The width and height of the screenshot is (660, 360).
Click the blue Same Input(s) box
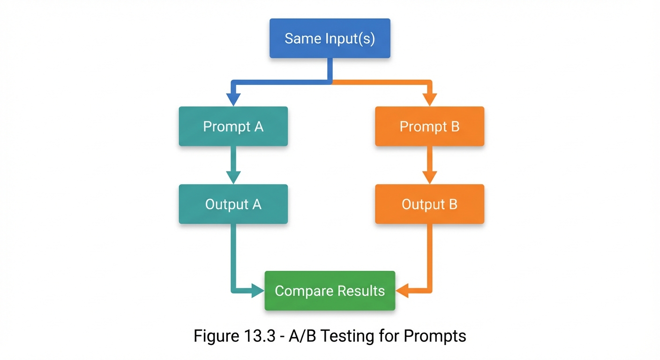330,38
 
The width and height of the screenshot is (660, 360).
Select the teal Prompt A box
233,126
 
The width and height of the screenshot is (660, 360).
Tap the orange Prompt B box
429,126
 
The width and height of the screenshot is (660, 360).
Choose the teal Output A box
233,204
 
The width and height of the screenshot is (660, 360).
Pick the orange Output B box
429,204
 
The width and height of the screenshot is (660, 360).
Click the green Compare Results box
330,291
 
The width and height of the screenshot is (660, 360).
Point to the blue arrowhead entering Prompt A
233,99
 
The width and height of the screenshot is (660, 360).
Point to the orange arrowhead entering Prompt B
429,99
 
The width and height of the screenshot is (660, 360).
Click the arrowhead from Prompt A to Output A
233,177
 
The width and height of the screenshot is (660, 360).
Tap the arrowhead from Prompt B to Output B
429,177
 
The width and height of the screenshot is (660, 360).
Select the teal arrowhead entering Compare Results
258,291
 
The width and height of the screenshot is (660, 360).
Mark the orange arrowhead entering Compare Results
402,291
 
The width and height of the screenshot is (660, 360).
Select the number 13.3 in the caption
253,336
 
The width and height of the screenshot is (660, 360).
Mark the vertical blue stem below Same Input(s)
330,69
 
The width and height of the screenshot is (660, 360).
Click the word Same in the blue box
299,38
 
